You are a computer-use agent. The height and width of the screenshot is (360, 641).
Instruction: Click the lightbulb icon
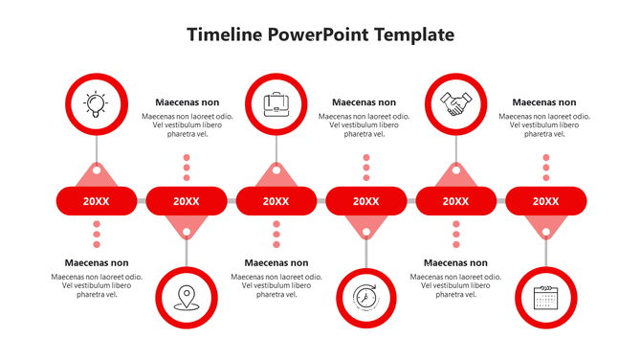tap(96, 102)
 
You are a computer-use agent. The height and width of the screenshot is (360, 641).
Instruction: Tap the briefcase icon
tap(276, 102)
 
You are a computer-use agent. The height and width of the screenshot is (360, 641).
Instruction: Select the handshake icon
tap(455, 102)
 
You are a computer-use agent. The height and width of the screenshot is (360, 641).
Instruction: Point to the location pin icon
tap(186, 299)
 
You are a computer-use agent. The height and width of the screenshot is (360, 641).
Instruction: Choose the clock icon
tap(365, 299)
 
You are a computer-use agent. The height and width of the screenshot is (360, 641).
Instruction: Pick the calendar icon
tap(545, 299)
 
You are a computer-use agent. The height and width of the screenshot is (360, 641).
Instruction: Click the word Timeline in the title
tap(224, 35)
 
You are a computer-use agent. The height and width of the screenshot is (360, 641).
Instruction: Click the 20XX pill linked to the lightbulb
tap(96, 201)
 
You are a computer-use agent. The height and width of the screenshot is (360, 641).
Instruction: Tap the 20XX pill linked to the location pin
tap(186, 201)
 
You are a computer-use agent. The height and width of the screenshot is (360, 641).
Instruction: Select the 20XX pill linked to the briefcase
tap(276, 201)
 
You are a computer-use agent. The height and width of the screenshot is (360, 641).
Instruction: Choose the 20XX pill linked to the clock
tap(365, 201)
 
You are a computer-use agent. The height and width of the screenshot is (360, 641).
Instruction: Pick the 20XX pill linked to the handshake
tap(455, 201)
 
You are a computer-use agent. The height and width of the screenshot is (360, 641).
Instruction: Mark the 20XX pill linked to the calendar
tap(545, 201)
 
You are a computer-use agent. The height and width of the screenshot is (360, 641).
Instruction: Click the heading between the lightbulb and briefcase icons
tap(187, 102)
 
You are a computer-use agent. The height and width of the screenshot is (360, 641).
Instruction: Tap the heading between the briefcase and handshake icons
tap(364, 102)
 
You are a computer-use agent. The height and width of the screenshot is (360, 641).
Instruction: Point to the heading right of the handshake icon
tap(544, 102)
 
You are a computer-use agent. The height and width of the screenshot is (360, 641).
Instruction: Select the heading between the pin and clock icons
tap(276, 263)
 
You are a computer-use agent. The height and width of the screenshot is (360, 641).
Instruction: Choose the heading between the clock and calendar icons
tap(455, 263)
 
